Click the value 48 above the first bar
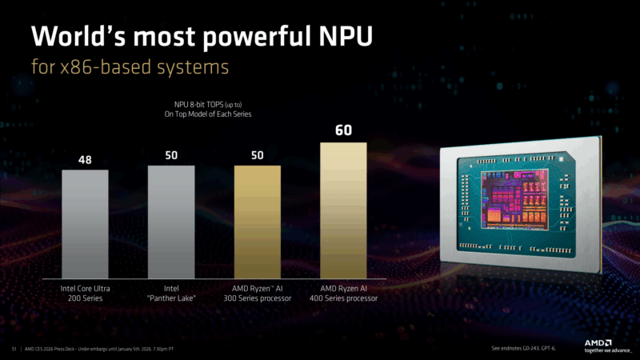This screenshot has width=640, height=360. point(85,160)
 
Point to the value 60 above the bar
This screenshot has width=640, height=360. point(343,130)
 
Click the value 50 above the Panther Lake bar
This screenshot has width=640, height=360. point(171,154)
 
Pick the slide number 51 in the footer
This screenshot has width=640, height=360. point(14,350)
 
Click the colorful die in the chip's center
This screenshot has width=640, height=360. point(510,200)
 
